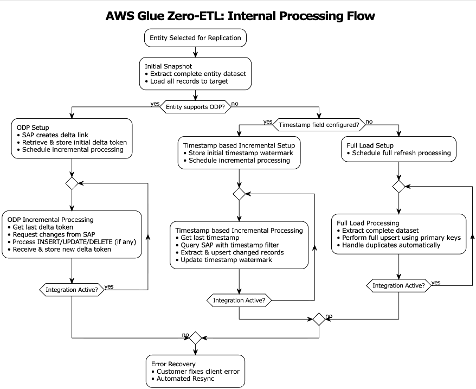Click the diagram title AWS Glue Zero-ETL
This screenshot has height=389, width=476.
(240, 16)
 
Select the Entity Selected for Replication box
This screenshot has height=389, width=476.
(195, 39)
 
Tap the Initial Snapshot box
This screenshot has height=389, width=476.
(195, 74)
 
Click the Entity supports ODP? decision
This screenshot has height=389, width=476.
(195, 107)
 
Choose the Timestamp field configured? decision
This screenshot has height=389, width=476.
(319, 125)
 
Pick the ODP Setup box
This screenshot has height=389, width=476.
(72, 138)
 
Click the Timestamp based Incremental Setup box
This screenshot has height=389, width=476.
(239, 153)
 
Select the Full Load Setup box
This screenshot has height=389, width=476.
(398, 149)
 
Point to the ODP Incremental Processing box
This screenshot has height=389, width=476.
(72, 234)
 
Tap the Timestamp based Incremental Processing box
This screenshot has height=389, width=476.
(239, 245)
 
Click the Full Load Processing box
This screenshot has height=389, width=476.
(398, 234)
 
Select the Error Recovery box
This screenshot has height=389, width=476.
(195, 371)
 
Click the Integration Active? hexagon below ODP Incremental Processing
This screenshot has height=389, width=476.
(72, 290)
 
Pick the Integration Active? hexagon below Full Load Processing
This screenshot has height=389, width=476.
(398, 285)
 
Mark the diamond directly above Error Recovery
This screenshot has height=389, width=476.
(195, 337)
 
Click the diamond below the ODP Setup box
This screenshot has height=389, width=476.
(72, 183)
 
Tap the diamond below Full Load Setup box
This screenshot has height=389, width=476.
(398, 186)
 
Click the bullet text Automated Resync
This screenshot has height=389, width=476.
(185, 379)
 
